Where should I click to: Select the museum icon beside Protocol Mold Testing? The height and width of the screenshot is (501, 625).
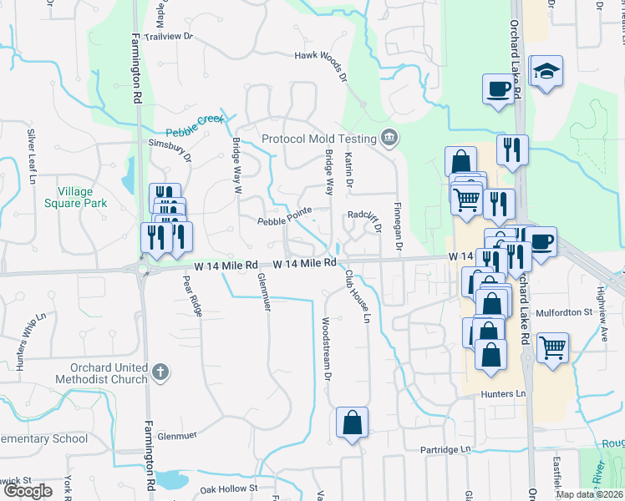click(x=389, y=138)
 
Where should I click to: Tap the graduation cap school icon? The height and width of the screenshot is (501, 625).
click(x=546, y=73)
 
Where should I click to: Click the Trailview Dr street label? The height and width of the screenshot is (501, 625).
click(x=167, y=37)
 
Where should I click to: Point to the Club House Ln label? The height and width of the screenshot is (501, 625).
click(x=356, y=295)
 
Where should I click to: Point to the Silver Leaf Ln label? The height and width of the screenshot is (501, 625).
click(x=33, y=156)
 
